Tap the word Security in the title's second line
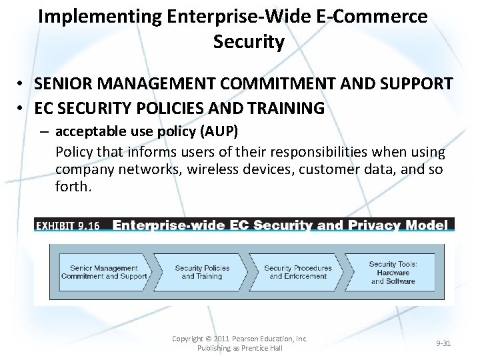coord(249,42)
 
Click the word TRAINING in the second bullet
coord(287,107)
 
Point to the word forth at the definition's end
coord(72,187)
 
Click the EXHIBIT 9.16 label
coord(67,225)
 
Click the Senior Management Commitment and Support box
coord(104,272)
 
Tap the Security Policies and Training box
coord(202,272)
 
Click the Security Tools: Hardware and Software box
coord(393,272)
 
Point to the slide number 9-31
coord(443,343)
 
